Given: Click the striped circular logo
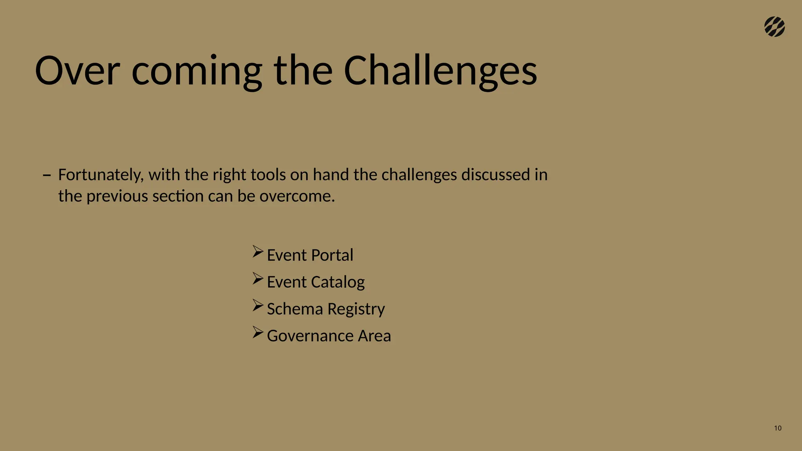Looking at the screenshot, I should pyautogui.click(x=774, y=27).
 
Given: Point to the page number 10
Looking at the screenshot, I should pyautogui.click(x=778, y=428).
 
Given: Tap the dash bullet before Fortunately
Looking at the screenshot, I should pyautogui.click(x=47, y=175).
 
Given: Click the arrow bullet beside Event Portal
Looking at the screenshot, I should pyautogui.click(x=258, y=251).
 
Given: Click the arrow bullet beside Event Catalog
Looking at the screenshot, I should pyautogui.click(x=258, y=278).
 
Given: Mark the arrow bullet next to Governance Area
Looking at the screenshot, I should pyautogui.click(x=258, y=332).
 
